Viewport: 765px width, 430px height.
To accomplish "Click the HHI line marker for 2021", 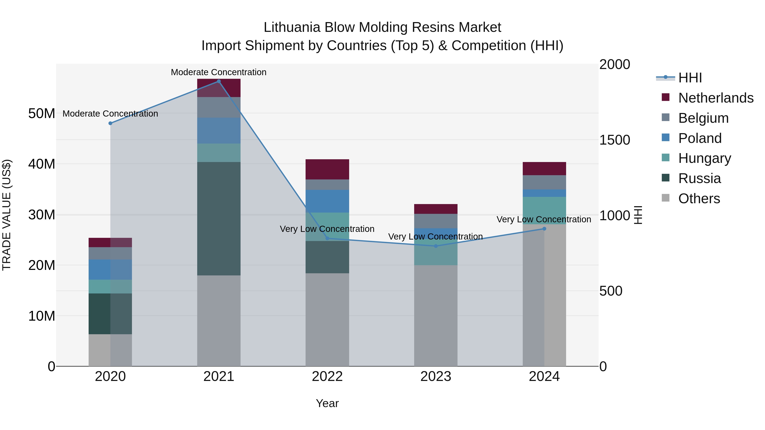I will point(219,81).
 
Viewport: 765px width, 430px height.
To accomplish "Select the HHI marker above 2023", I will point(436,246).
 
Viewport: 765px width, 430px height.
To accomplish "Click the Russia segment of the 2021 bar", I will point(219,219).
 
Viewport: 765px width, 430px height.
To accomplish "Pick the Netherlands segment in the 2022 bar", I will point(327,169).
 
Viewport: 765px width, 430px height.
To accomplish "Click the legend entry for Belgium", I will point(703,118).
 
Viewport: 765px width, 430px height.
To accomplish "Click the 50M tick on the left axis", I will point(42,113).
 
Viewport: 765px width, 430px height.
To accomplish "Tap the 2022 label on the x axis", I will point(327,376).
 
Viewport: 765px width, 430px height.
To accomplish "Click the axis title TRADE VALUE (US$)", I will point(7,215).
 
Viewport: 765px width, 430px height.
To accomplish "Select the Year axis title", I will point(327,403).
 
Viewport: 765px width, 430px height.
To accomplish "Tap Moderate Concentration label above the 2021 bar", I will point(219,72).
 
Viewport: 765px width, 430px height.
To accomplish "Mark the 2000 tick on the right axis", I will point(614,64).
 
